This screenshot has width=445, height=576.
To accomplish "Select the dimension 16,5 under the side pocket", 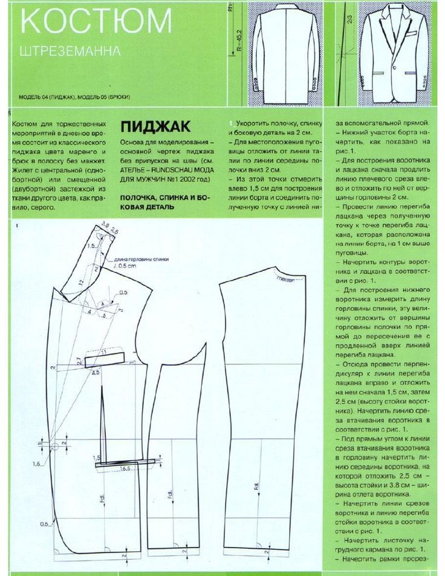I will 126,468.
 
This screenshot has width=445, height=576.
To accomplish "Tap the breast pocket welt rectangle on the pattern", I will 105,360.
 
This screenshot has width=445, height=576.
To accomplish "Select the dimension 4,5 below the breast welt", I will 95,372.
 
